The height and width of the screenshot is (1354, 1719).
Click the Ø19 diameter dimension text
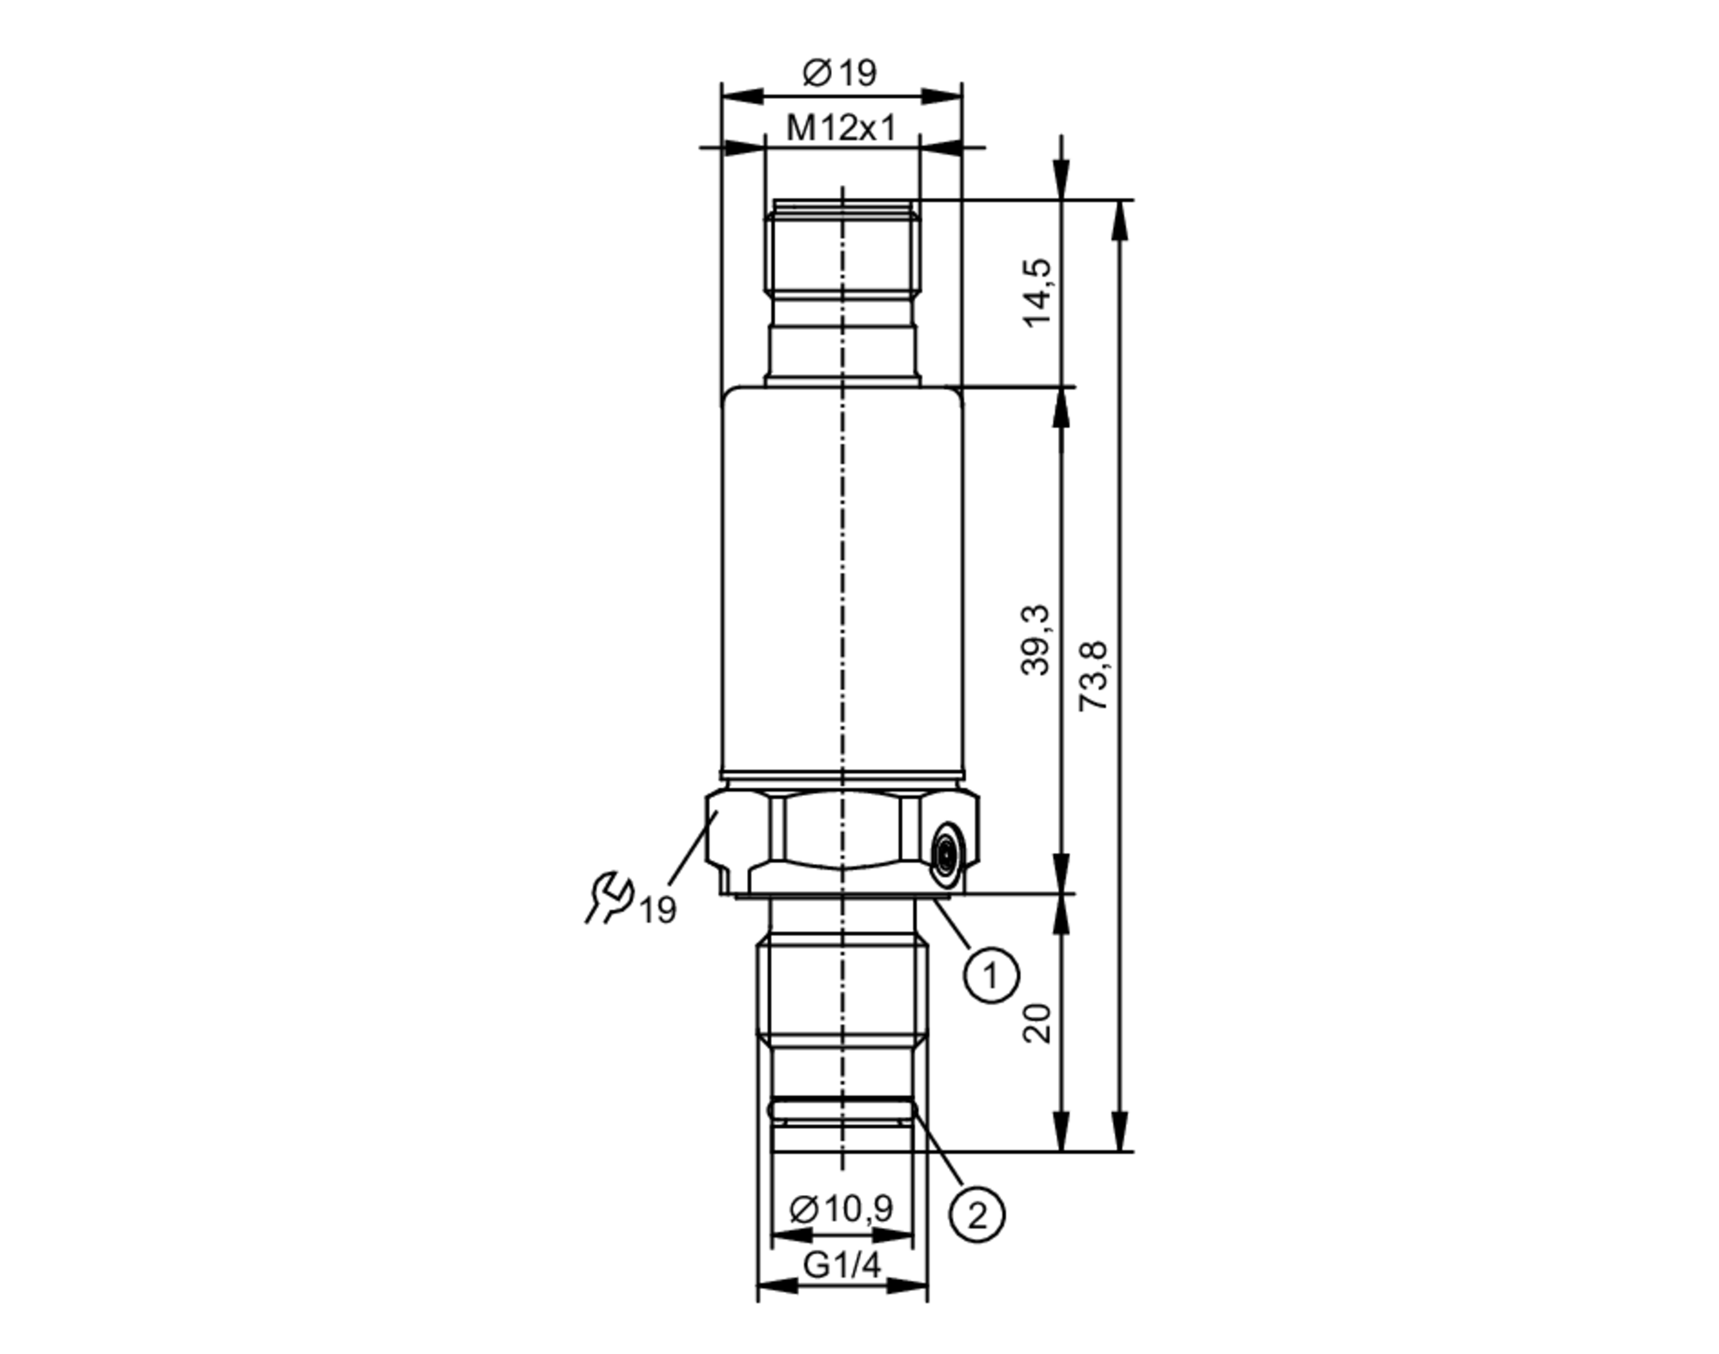[x=840, y=73]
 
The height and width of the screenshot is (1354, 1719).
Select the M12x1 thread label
[x=841, y=129]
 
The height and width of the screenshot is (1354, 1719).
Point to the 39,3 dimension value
[x=1037, y=640]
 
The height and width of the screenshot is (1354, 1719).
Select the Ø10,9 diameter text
[x=841, y=1209]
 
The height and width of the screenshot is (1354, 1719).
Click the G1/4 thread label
[x=841, y=1265]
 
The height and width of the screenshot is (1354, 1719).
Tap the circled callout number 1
[x=990, y=976]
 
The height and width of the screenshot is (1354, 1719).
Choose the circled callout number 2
[x=976, y=1216]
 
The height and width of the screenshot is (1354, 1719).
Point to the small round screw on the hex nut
[x=946, y=854]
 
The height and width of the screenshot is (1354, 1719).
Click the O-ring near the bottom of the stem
[x=841, y=1112]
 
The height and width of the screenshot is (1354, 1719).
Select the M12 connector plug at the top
[x=841, y=292]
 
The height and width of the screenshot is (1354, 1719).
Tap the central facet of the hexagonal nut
[x=841, y=831]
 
